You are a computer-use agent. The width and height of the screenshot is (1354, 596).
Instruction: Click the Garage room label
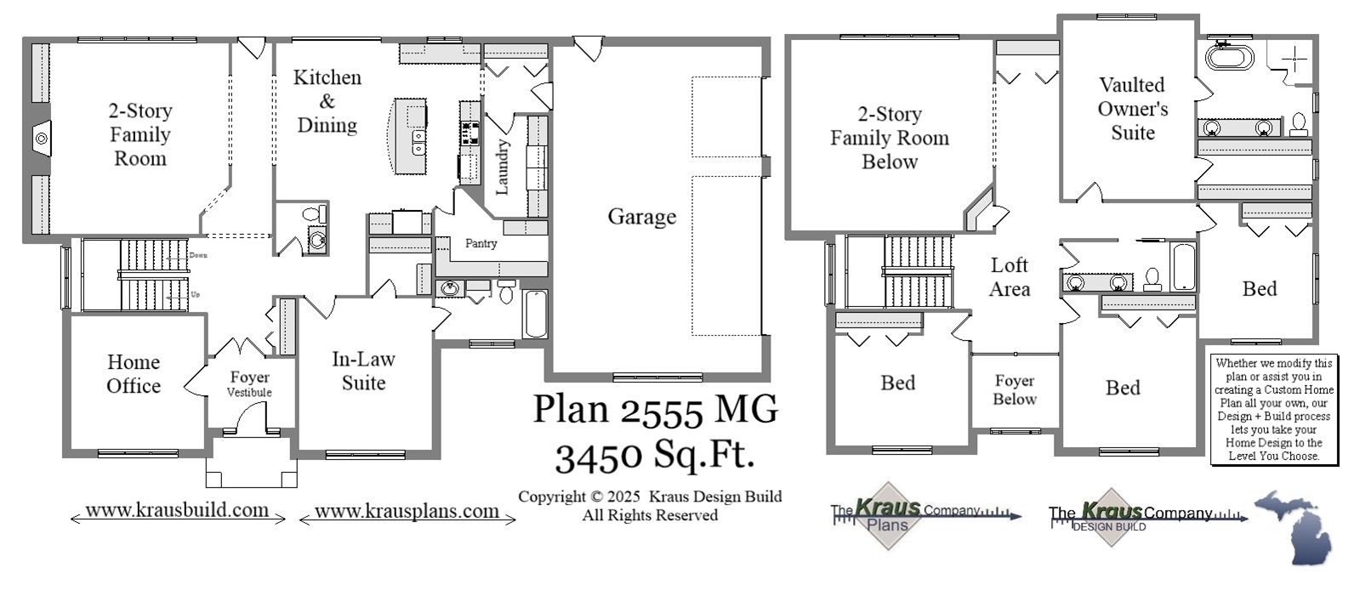pyautogui.click(x=641, y=217)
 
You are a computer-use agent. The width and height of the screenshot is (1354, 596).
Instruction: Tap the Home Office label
pyautogui.click(x=134, y=374)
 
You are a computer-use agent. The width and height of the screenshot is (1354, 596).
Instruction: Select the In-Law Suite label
pyautogui.click(x=363, y=371)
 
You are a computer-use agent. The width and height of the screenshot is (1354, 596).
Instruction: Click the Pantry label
pyautogui.click(x=481, y=244)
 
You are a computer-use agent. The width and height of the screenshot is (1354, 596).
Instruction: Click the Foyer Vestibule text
pyautogui.click(x=249, y=383)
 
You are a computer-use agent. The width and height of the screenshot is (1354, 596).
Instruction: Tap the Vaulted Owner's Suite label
pyautogui.click(x=1132, y=109)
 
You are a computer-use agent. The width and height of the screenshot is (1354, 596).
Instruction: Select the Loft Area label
pyautogui.click(x=1010, y=277)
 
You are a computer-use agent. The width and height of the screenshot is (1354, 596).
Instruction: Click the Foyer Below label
pyautogui.click(x=1015, y=390)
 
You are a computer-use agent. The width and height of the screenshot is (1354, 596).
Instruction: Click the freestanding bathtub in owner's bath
pyautogui.click(x=1229, y=58)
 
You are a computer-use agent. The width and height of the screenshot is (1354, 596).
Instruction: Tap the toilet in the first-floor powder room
pyautogui.click(x=314, y=213)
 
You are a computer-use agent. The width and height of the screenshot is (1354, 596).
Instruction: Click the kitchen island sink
pyautogui.click(x=418, y=141)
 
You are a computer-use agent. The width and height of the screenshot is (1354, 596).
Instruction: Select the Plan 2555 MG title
pyautogui.click(x=655, y=409)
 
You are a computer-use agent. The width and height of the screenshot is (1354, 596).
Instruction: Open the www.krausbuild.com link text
pyautogui.click(x=177, y=510)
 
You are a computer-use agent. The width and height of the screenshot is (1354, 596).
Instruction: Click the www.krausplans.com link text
pyautogui.click(x=407, y=511)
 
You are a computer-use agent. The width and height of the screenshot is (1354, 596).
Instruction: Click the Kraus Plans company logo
pyautogui.click(x=889, y=515)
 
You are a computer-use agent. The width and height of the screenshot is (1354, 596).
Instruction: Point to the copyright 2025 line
pyautogui.click(x=650, y=497)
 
